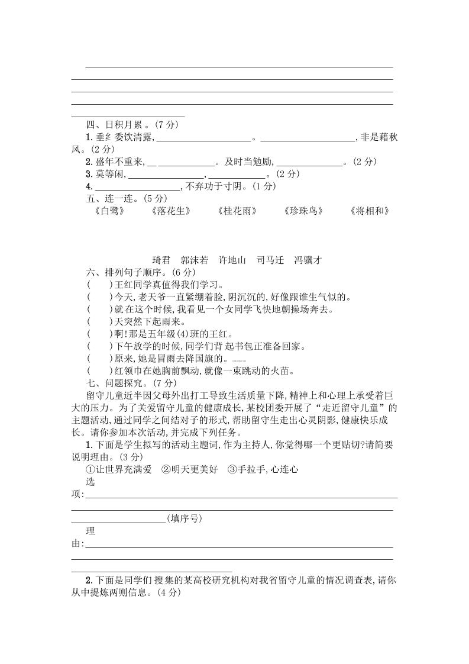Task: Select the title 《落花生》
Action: point(172,211)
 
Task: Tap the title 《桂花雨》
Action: point(237,211)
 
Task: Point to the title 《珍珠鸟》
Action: point(303,211)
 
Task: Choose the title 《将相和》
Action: point(370,211)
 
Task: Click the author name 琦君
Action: point(161,260)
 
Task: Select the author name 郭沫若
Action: point(195,260)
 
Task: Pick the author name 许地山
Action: point(232,260)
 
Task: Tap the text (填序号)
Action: point(185,518)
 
